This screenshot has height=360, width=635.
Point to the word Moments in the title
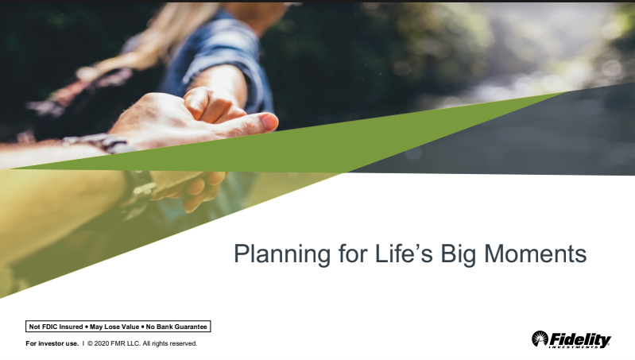click(536, 254)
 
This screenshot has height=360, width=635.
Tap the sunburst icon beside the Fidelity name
click(539, 339)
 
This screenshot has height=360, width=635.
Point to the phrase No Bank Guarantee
click(176, 327)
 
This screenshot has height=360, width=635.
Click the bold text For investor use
click(52, 344)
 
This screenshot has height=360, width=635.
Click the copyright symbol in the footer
click(91, 344)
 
